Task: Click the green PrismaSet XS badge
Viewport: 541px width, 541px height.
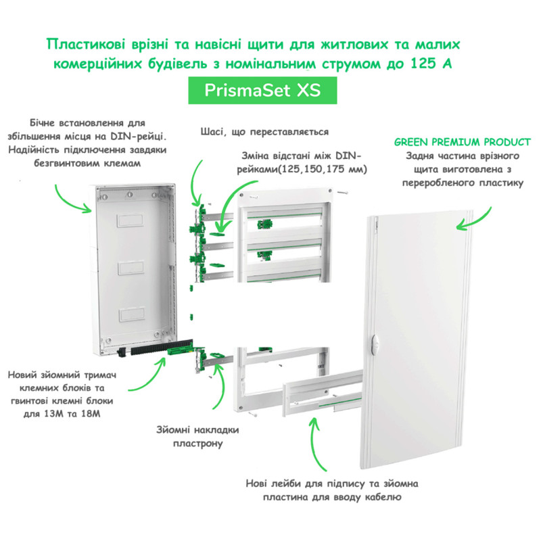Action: pos(262,91)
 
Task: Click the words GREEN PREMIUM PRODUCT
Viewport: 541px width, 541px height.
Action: pos(461,143)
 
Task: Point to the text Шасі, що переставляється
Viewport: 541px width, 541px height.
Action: pos(264,132)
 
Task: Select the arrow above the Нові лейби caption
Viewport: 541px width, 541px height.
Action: pos(313,440)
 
